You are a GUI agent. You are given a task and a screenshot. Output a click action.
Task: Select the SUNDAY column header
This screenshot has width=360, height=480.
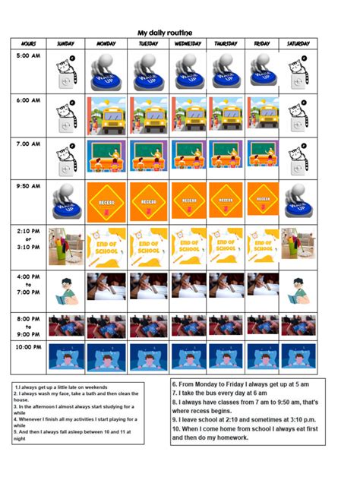pos(65,44)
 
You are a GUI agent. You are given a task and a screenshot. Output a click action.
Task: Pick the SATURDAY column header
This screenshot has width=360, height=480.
pos(298,44)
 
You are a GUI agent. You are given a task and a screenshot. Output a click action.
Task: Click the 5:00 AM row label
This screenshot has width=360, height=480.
pos(27,56)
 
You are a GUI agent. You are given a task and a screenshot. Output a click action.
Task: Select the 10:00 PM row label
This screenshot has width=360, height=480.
pos(27,347)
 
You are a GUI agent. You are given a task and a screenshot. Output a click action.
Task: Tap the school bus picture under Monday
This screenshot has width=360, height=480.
pos(106,115)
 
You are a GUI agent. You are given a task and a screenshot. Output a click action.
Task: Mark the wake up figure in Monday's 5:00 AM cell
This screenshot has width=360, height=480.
pos(106,72)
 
